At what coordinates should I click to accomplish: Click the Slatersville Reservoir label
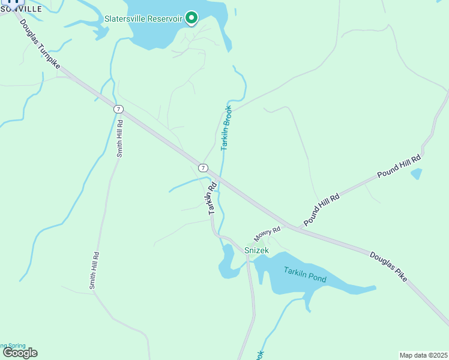point(143,19)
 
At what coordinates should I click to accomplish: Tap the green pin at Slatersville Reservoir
point(191,18)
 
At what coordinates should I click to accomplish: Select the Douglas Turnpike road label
point(40,44)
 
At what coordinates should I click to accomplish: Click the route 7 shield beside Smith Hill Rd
point(119,109)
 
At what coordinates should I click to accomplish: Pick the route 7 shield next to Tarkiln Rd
point(203,167)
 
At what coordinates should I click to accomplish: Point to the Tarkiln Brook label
point(226,128)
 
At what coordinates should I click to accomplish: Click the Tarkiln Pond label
point(305,274)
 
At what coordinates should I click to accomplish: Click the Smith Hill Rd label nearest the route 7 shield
point(119,139)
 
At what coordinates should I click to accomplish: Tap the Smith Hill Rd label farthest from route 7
point(94,271)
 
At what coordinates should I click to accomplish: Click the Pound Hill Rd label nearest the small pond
point(399,166)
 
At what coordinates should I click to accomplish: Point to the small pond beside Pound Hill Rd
point(416,174)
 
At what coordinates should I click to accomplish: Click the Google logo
point(20,352)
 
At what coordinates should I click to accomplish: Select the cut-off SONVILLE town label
point(22,10)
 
